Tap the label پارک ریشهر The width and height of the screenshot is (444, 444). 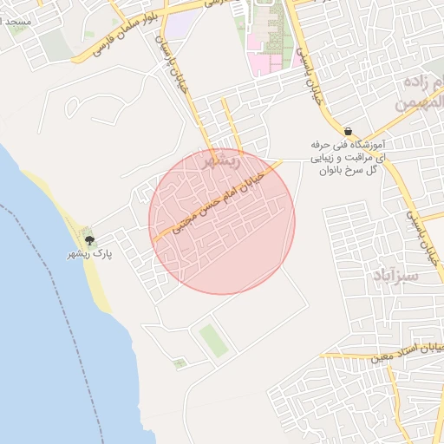(x=90, y=255)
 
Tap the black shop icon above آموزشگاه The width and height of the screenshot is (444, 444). (x=348, y=131)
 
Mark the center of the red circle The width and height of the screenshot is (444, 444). (x=223, y=221)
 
